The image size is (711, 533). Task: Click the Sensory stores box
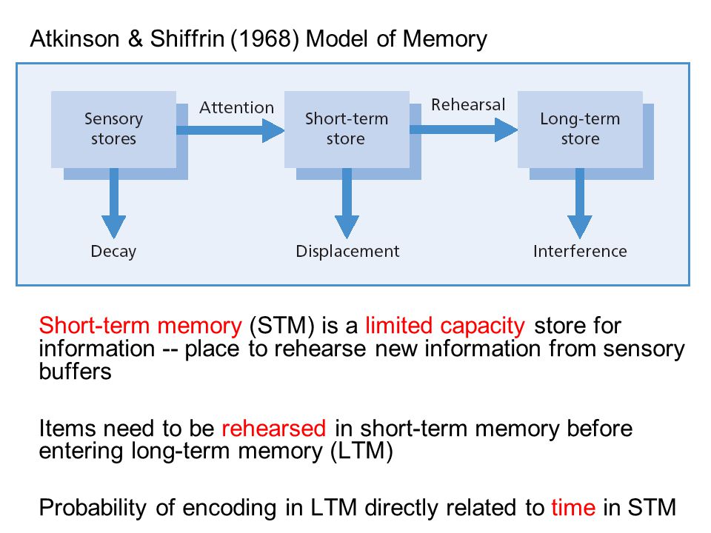coord(113,129)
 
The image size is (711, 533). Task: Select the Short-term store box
coord(347,129)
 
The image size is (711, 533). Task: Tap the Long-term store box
coord(580,129)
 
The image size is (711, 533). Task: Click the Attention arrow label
coord(237,108)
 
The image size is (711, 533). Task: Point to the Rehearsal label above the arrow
coord(468,104)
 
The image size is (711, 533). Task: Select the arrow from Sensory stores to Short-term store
coord(230,130)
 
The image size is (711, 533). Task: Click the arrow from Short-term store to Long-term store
coord(464,130)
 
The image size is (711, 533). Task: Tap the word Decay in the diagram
coord(113,252)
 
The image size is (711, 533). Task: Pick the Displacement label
coord(347,252)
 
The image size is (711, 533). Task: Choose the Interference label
coord(580,251)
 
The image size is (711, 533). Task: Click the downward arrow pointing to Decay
coord(114,204)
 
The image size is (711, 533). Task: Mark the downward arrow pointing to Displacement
coord(347,204)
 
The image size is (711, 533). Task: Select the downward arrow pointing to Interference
coord(579,204)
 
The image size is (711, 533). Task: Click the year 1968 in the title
coord(265,39)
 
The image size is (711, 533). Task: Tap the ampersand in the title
coord(135,39)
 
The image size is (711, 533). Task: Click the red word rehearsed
coord(274,429)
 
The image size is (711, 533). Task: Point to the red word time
coord(573,508)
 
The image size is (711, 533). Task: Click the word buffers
coord(76,372)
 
